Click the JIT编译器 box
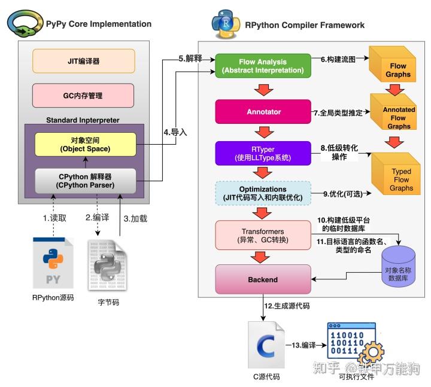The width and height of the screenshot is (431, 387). point(83,61)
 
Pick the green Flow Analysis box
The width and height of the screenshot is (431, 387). point(263,66)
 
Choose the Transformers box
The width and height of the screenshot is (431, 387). point(263,235)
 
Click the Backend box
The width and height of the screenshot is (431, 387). point(263,279)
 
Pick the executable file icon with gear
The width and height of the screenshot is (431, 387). point(354,344)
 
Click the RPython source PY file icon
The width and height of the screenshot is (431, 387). point(53,263)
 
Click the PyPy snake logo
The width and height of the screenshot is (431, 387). point(25,24)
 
